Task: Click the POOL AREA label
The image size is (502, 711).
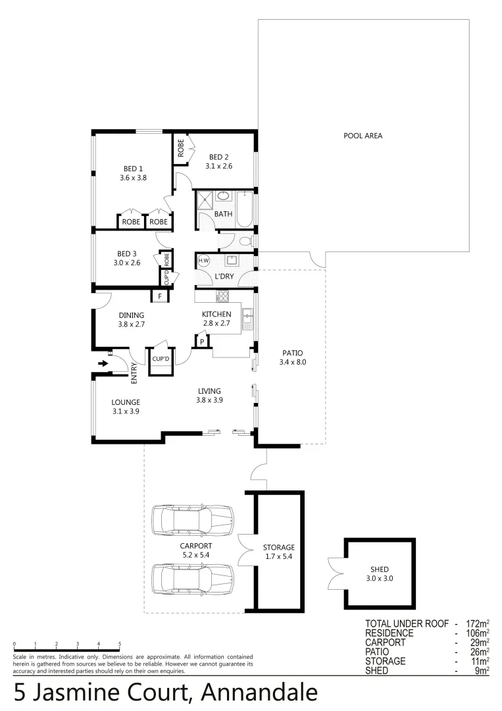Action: coord(363,136)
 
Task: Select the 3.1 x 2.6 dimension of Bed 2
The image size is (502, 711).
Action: coord(218,166)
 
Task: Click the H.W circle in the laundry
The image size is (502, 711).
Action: coord(203,260)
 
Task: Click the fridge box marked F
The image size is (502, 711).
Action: coord(159,297)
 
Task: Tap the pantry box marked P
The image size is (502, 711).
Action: coord(202,341)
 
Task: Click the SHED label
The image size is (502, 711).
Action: coord(379,569)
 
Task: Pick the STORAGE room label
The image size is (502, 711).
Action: coord(278,547)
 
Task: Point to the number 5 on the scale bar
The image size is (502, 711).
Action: coord(120,644)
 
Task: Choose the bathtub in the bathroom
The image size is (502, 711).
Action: coord(244,209)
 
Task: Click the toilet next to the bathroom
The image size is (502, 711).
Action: coord(245,242)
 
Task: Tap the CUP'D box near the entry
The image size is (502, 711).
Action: coord(161,359)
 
